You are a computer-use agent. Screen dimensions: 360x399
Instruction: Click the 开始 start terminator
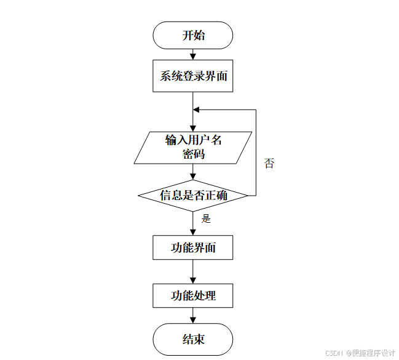[193, 35]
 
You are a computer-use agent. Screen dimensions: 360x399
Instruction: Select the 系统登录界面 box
[193, 76]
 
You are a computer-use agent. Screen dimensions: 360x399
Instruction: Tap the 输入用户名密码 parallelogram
[193, 148]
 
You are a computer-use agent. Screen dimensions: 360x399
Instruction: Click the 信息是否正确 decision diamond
[193, 196]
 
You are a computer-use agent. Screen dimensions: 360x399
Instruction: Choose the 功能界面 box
[193, 249]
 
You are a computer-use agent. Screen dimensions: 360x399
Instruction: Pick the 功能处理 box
[193, 295]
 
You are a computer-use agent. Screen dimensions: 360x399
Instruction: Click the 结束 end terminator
[193, 339]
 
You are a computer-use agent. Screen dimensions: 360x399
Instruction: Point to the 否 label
[269, 164]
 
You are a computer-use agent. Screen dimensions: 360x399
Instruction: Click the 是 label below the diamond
[206, 218]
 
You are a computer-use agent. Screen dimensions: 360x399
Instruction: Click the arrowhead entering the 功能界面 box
[193, 232]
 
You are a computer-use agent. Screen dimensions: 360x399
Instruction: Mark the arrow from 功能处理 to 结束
[193, 316]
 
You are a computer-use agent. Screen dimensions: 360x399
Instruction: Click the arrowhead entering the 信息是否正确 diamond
[193, 176]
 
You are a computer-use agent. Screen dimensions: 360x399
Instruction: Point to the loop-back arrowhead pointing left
[197, 110]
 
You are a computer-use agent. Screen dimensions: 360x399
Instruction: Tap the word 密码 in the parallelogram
[193, 154]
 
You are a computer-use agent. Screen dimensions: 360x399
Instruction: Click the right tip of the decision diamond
[247, 196]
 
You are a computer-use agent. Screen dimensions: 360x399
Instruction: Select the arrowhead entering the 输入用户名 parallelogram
[193, 128]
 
